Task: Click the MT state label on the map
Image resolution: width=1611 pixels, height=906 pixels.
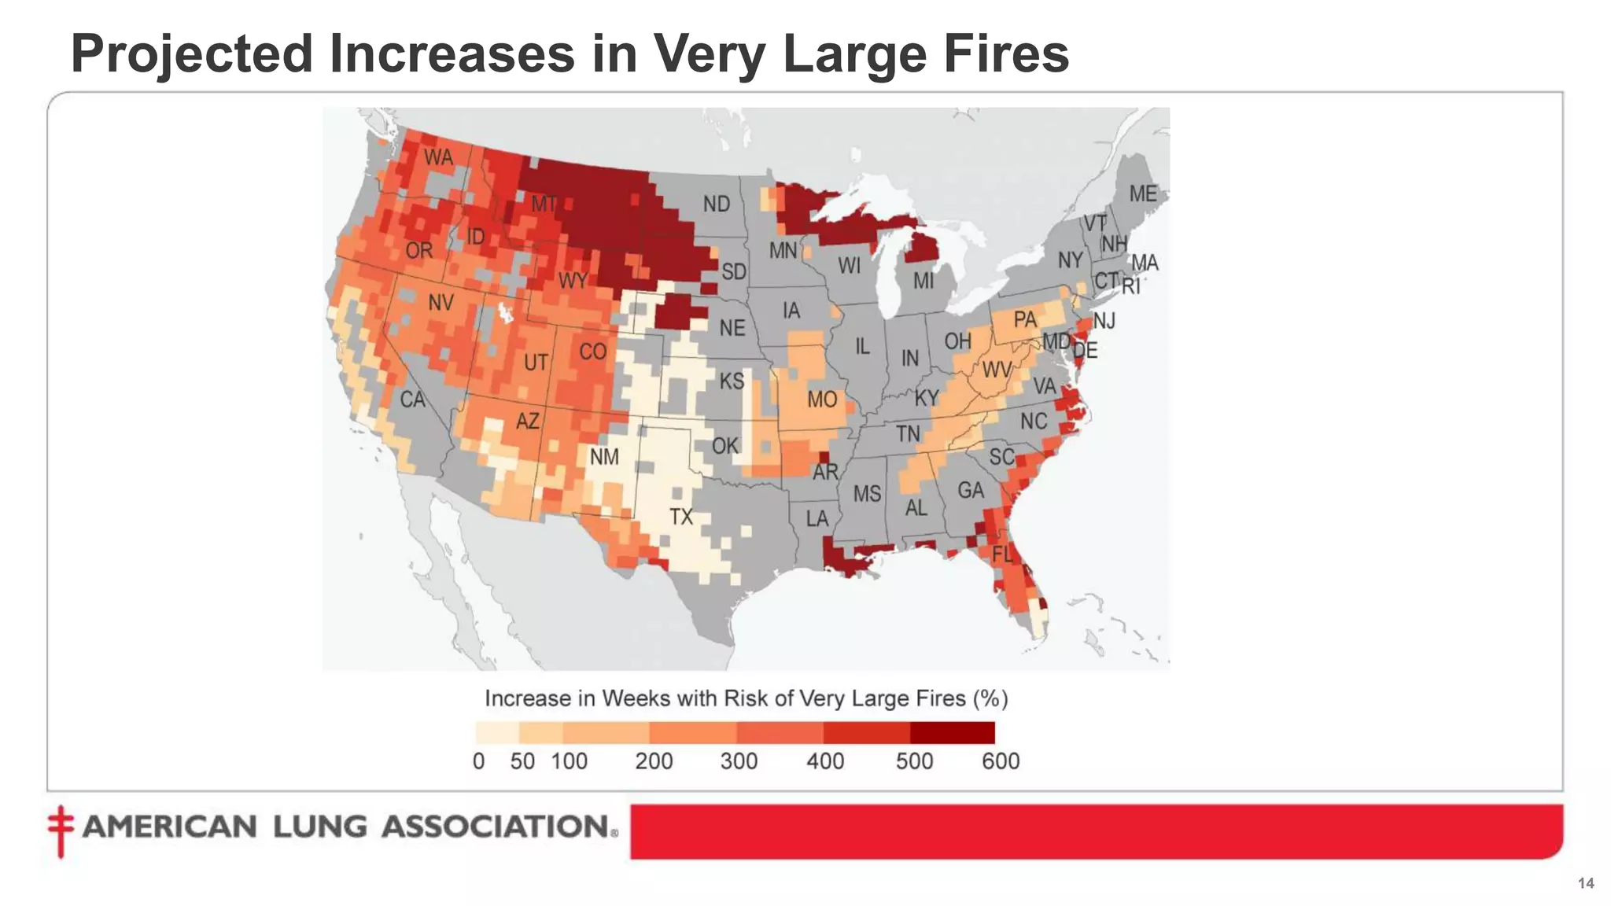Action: click(544, 204)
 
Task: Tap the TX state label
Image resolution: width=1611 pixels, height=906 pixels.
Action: click(681, 517)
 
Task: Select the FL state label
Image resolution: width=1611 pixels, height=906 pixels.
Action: click(1002, 554)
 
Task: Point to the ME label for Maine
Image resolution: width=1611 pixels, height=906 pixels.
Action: click(1143, 193)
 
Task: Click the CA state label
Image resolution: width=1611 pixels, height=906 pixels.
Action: click(412, 400)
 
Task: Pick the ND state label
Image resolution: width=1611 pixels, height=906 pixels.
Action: click(716, 204)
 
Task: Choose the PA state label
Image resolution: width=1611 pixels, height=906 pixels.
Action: click(1025, 320)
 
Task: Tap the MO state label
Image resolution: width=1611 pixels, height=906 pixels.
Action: click(822, 400)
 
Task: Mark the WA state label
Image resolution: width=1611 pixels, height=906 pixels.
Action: click(438, 158)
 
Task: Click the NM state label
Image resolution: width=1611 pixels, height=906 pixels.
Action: click(604, 457)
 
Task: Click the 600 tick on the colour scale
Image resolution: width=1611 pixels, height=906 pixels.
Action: click(1001, 761)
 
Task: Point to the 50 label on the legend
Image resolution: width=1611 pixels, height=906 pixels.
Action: click(522, 761)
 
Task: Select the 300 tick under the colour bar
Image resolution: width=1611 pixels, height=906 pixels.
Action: click(739, 761)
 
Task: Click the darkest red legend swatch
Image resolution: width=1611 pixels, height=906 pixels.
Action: click(952, 733)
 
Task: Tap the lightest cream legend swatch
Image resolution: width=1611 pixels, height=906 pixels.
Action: click(497, 733)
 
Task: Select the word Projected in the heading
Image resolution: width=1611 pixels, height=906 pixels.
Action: click(192, 53)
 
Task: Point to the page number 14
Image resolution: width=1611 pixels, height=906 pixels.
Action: click(1586, 883)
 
